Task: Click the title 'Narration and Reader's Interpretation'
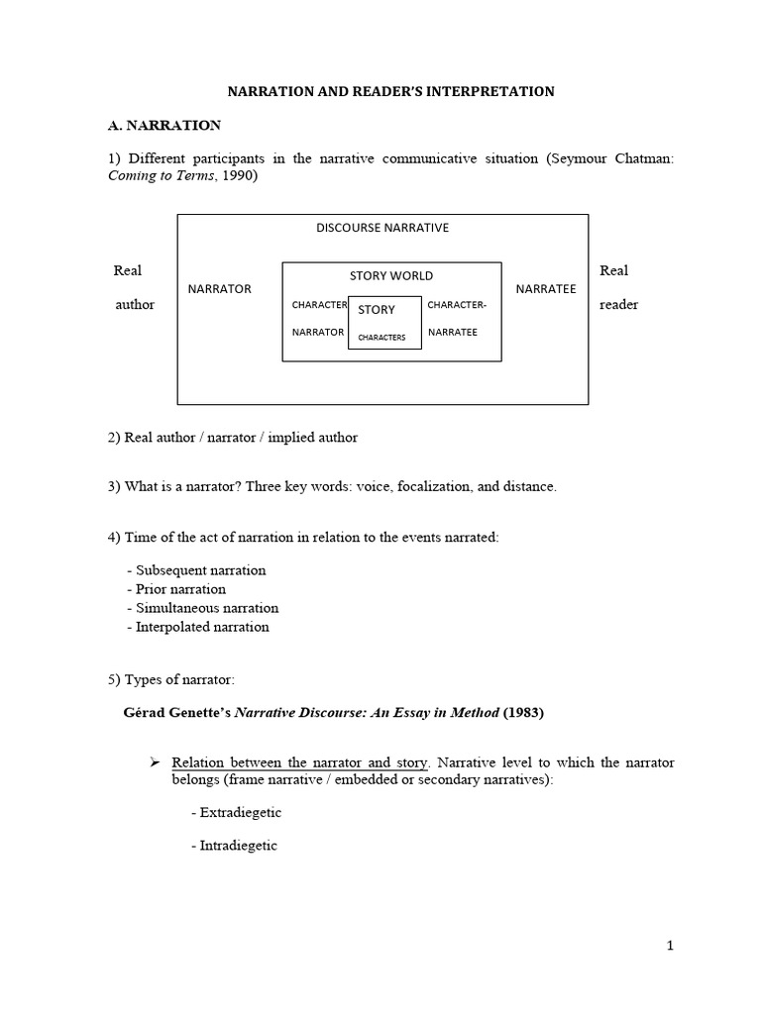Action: click(x=391, y=91)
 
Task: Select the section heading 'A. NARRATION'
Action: click(x=163, y=126)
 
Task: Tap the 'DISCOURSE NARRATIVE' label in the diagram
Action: click(x=381, y=227)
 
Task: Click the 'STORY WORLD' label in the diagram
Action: click(x=391, y=275)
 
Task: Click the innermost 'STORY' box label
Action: click(x=377, y=310)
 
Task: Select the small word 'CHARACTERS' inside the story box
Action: click(x=381, y=337)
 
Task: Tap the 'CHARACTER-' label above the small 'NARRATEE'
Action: click(x=457, y=305)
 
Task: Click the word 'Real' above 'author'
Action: click(x=128, y=270)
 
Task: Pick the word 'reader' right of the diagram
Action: click(x=618, y=304)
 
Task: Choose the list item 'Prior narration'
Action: click(x=180, y=589)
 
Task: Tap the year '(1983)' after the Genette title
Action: click(x=523, y=712)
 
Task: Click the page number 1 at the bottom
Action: click(x=670, y=946)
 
